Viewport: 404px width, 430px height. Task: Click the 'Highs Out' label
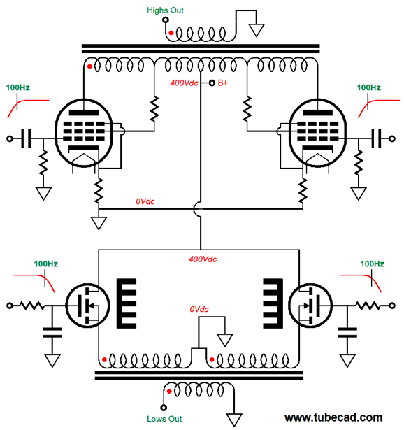pos(165,10)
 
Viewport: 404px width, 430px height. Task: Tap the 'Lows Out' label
pos(164,419)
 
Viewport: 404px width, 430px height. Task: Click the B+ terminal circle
pos(212,83)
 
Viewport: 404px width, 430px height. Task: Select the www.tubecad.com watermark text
pos(333,417)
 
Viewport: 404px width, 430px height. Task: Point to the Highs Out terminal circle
pos(165,20)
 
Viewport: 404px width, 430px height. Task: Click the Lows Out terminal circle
pos(164,408)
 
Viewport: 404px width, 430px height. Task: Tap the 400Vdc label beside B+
pos(184,83)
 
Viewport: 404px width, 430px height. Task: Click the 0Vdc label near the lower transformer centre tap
pos(199,309)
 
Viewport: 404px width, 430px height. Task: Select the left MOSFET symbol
pos(87,306)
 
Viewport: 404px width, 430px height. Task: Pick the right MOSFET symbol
pos(310,306)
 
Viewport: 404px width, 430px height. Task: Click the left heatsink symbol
pos(127,303)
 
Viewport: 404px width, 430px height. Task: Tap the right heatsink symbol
pos(273,303)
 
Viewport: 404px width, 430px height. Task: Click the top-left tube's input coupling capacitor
pos(26,138)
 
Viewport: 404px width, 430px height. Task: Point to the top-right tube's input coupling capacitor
pos(377,138)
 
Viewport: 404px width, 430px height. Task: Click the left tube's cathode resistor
pos(99,191)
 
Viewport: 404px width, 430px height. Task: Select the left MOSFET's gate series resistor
pos(31,306)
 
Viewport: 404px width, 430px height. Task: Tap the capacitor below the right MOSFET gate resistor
pos(347,332)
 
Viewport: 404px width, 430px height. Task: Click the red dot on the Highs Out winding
pos(171,33)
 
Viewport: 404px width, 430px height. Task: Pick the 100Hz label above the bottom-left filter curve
pos(45,264)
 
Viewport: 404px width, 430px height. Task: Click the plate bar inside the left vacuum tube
pos(84,113)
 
